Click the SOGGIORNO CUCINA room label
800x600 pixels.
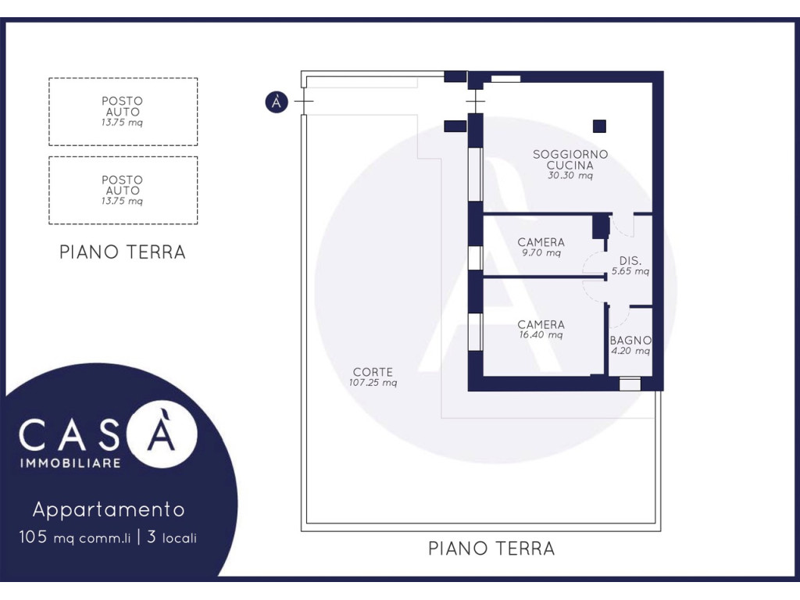tap(570, 159)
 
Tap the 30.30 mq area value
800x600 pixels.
tap(570, 176)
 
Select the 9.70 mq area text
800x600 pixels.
tap(541, 252)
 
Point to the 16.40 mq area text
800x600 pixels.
tap(541, 334)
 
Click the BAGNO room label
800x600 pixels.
tap(630, 341)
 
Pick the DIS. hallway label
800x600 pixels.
tap(630, 261)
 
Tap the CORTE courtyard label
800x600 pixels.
tap(373, 372)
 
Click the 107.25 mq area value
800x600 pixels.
tap(373, 383)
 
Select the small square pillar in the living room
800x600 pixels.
tap(599, 126)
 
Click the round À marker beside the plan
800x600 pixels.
tap(277, 102)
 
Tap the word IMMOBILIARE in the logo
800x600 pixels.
tap(70, 463)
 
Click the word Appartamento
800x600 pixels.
tap(109, 509)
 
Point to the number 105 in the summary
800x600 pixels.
tap(33, 537)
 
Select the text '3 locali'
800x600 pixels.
tap(171, 537)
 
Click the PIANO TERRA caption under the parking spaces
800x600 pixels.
tap(123, 252)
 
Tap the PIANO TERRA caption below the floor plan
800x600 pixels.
tap(491, 548)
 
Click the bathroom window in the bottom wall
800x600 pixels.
tap(630, 384)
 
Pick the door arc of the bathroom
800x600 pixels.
tap(620, 317)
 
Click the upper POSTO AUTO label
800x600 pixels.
tap(122, 106)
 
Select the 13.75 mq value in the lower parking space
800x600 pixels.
tap(122, 201)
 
